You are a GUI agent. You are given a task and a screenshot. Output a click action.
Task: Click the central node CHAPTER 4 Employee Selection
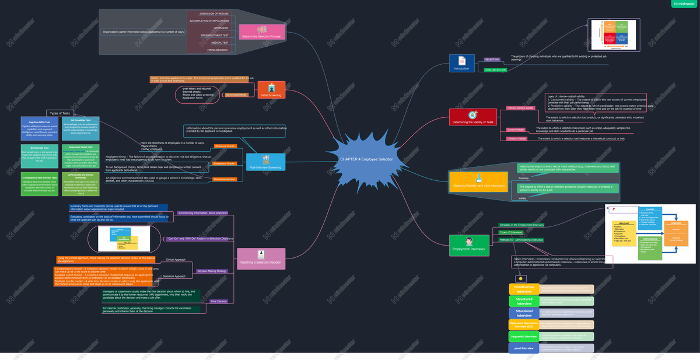pyautogui.click(x=366, y=159)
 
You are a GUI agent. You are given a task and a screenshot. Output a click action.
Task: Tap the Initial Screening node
pyautogui.click(x=271, y=90)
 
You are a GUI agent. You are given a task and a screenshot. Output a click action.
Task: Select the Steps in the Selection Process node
pyautogui.click(x=262, y=32)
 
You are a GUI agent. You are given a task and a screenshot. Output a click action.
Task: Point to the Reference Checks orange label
pyautogui.click(x=225, y=146)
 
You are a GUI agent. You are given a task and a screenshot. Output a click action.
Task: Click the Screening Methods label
pyautogui.click(x=237, y=95)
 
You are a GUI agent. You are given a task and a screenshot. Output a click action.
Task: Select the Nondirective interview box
pyautogui.click(x=524, y=289)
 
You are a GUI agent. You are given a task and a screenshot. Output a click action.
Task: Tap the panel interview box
pyautogui.click(x=524, y=348)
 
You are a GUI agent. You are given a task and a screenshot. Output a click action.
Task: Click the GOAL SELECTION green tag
pyautogui.click(x=495, y=70)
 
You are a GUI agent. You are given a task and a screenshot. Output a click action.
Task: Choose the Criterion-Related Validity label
pyautogui.click(x=520, y=108)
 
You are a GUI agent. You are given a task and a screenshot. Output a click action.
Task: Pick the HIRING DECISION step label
pyautogui.click(x=218, y=50)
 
